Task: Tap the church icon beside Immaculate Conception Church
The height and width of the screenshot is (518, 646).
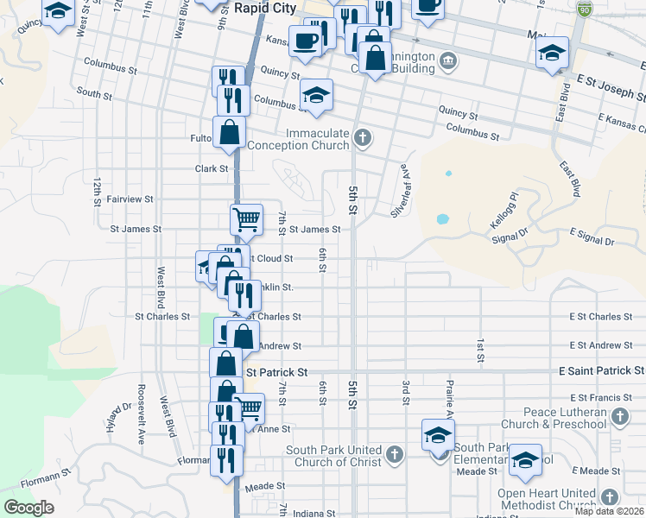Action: tap(364, 137)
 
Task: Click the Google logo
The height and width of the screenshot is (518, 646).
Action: tap(28, 508)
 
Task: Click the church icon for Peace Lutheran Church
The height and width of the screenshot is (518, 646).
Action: tap(619, 418)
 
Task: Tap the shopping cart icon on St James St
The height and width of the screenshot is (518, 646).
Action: tap(246, 219)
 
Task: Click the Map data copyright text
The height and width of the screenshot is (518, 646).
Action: tap(609, 511)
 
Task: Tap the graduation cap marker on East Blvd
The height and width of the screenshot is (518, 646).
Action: tap(552, 53)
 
